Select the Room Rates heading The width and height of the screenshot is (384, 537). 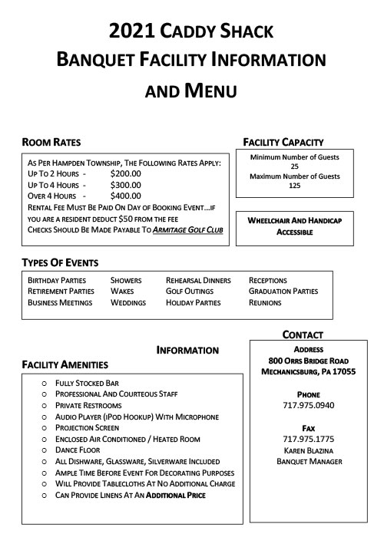point(51,142)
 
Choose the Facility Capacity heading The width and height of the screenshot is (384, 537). point(283,142)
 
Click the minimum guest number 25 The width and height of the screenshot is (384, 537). point(294,166)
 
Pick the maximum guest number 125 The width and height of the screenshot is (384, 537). point(294,186)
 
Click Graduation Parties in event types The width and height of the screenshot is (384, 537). point(283,292)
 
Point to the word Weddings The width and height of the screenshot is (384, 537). point(127,303)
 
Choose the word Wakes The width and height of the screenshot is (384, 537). point(121,292)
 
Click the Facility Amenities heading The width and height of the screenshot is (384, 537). point(65,364)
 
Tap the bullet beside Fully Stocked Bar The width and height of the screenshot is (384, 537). point(44,383)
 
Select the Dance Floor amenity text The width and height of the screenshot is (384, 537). point(79,450)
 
